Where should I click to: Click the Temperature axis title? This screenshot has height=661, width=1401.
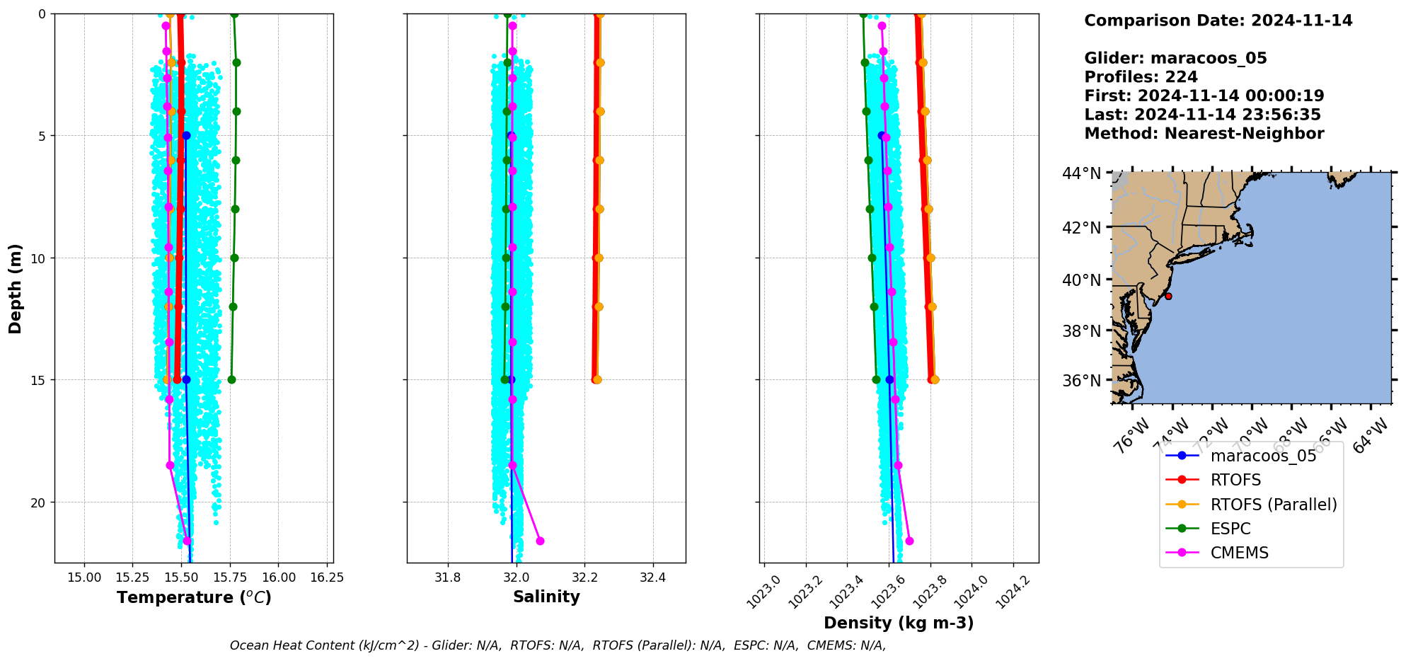click(x=194, y=597)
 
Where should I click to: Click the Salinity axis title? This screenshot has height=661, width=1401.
click(x=546, y=597)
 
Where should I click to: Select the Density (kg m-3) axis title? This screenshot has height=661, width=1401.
click(x=899, y=623)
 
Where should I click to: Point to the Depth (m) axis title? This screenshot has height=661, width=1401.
click(x=16, y=289)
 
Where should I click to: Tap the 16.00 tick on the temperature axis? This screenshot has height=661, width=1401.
click(x=279, y=577)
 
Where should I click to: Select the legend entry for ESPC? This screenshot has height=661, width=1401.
click(x=1230, y=529)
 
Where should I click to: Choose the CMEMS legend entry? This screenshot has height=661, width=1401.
click(x=1239, y=553)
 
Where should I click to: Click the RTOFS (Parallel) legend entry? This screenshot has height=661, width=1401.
click(x=1273, y=505)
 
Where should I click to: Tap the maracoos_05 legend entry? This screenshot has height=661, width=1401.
click(x=1263, y=456)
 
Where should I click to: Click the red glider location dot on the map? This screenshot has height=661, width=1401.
click(x=1168, y=297)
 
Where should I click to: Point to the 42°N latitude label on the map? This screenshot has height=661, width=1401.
click(x=1082, y=228)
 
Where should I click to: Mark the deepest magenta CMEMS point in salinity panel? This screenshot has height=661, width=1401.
click(x=540, y=541)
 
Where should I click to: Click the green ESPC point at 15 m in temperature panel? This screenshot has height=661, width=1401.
click(x=231, y=380)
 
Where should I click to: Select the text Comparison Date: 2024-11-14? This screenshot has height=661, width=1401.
click(x=1218, y=21)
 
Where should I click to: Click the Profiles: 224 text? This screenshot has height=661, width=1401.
click(x=1141, y=77)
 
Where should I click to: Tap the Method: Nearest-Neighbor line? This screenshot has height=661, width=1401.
click(x=1204, y=134)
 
